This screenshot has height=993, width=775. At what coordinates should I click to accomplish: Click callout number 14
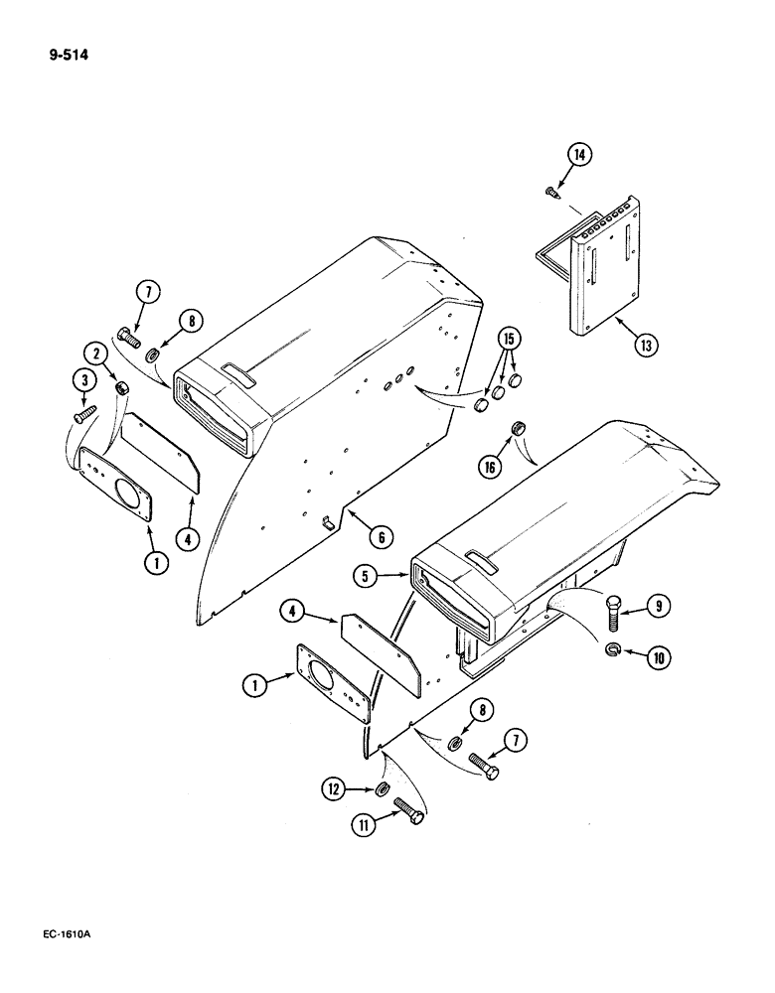579,154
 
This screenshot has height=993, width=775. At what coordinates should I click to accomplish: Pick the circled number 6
378,536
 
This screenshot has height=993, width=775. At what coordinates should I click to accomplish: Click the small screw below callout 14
551,191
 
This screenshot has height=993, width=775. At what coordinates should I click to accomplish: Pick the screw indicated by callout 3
85,408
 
